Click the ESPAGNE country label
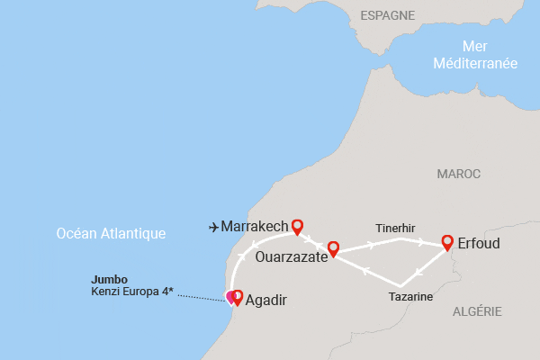click(387, 15)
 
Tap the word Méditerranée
click(475, 64)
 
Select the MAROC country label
click(458, 174)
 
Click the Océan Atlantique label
click(111, 233)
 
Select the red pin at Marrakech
click(297, 226)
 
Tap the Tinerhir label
click(395, 229)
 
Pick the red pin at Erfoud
click(447, 241)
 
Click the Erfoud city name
click(478, 244)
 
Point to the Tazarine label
click(410, 296)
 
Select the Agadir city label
click(266, 300)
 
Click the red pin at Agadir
click(238, 295)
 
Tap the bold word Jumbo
click(109, 279)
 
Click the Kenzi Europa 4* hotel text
click(132, 292)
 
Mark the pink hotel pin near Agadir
click(229, 296)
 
